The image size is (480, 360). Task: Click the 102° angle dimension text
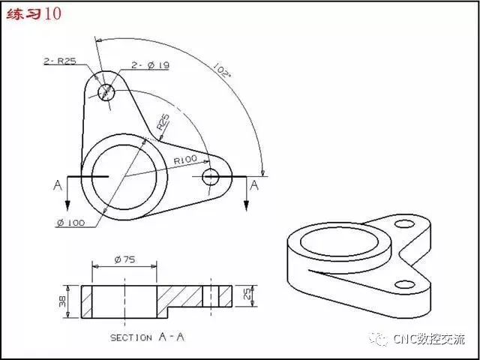click(222, 70)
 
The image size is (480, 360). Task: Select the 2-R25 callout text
click(60, 61)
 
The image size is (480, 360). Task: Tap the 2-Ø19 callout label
click(150, 65)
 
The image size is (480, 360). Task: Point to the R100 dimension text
click(185, 160)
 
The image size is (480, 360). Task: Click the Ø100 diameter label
click(71, 223)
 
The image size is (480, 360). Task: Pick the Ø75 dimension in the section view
click(124, 260)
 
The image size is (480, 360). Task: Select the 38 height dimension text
click(62, 301)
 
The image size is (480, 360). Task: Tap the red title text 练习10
click(34, 14)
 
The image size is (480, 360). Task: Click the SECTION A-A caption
click(148, 337)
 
